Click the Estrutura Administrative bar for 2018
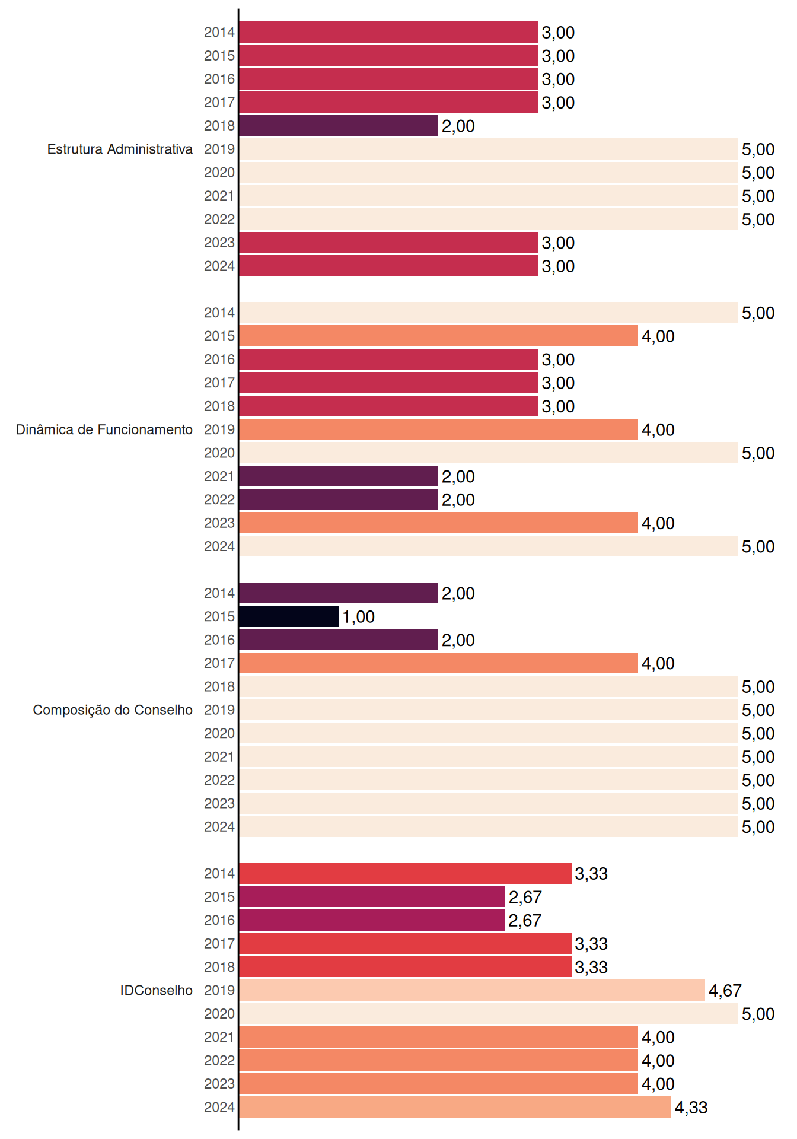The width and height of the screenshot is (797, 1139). pos(339,126)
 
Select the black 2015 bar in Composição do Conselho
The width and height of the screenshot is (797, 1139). pos(289,616)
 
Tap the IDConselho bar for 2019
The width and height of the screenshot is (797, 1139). pos(472,990)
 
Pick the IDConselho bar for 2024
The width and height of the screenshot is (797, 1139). pos(455,1107)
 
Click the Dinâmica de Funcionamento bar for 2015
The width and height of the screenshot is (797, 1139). pos(439,336)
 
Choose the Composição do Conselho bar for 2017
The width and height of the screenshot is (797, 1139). pos(439,663)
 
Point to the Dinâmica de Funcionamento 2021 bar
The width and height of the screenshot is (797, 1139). pos(339,476)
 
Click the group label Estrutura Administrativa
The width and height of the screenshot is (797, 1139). pos(120,149)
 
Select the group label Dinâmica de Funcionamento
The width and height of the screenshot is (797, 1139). pos(104,429)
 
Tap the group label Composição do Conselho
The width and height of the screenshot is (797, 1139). pos(113,710)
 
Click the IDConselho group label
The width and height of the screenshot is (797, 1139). pos(157,990)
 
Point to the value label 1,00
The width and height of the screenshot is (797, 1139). pos(358,617)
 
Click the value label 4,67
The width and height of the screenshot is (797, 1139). pos(725,991)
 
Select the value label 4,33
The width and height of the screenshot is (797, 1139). pos(691,1108)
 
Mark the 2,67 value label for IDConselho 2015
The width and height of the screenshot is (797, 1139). pos(525,897)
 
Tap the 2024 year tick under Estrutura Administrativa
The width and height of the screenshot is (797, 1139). pos(219,266)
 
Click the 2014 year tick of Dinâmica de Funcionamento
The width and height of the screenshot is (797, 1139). pos(219,313)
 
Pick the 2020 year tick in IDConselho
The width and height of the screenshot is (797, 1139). pos(219,1014)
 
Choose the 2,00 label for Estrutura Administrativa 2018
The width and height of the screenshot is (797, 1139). pos(458,126)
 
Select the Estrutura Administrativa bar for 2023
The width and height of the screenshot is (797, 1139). pos(389,243)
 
